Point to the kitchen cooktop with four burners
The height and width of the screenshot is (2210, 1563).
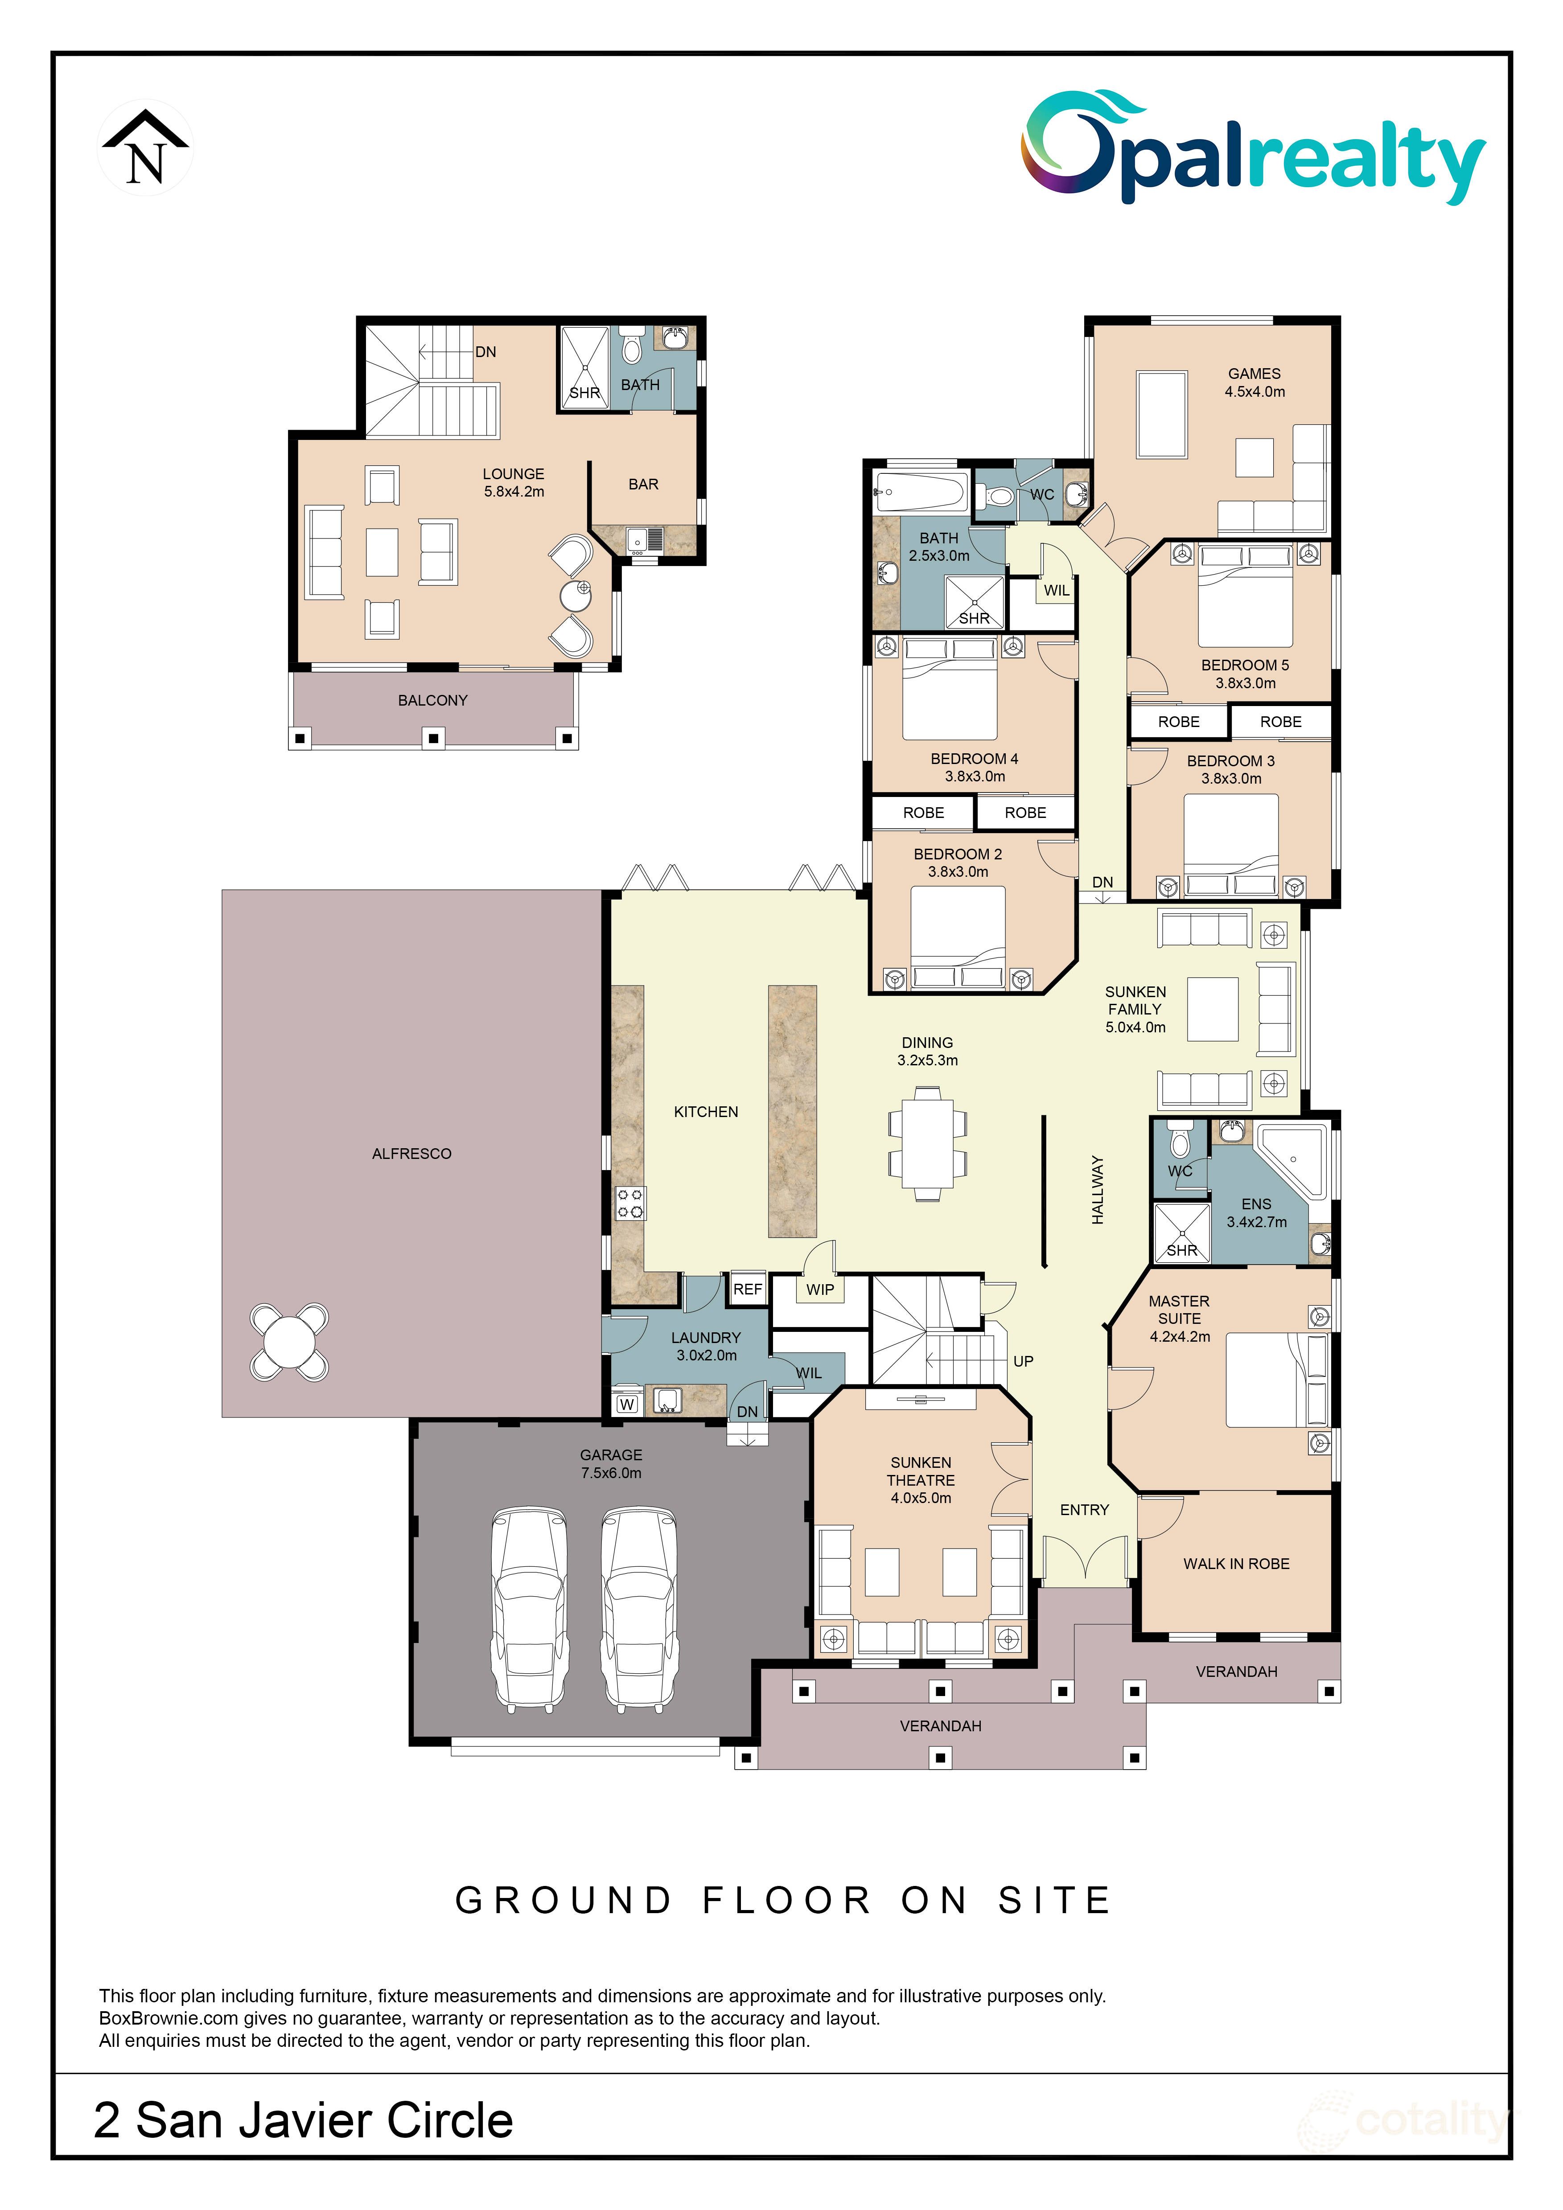coord(630,1203)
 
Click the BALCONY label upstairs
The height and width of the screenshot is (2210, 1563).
coord(432,701)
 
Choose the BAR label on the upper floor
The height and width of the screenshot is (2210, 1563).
coord(643,484)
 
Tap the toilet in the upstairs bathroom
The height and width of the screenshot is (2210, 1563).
coord(631,346)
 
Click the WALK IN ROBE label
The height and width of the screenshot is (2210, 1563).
coord(1236,1564)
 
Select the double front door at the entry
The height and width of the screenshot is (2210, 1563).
coord(1085,1557)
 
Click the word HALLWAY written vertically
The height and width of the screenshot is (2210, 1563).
coord(1097,1191)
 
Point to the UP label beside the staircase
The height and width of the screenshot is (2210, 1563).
coord(1023,1361)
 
